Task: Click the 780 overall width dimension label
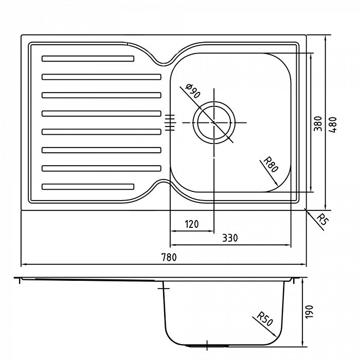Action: point(169,257)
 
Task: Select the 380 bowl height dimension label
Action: point(318,124)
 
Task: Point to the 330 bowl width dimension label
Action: point(230,238)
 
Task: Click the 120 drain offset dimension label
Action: point(192,224)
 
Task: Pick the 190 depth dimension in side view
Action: point(309,312)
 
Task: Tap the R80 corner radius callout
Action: point(271,165)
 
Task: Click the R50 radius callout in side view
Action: point(265,319)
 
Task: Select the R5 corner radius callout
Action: point(322,220)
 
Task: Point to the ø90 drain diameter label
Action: point(193,91)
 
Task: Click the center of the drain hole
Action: point(214,122)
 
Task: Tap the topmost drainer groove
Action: point(88,59)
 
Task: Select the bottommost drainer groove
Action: point(88,186)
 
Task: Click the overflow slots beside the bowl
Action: point(170,122)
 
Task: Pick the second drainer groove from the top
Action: point(101,77)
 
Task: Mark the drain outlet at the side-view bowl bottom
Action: point(207,345)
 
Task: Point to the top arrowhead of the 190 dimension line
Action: point(303,281)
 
